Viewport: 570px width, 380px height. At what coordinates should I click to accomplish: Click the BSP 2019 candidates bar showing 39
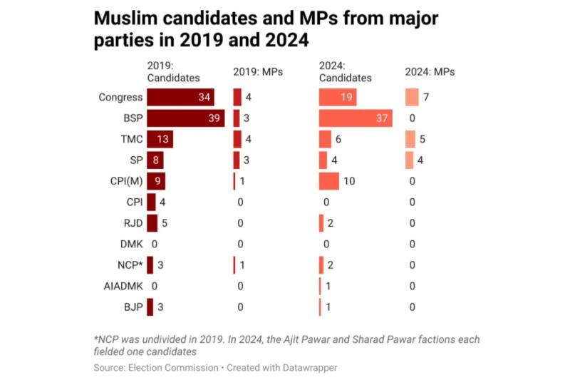pos(185,118)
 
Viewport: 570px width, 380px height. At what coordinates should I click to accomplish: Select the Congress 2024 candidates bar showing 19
pos(338,97)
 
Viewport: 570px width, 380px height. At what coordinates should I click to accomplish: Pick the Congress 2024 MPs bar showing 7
pos(412,97)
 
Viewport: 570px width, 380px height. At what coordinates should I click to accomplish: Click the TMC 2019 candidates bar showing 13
pos(160,139)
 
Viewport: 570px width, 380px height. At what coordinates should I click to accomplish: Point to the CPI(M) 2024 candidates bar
pos(329,181)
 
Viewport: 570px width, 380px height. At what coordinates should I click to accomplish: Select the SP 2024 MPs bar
pos(409,160)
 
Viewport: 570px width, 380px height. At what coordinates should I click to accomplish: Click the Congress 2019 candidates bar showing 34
pos(180,97)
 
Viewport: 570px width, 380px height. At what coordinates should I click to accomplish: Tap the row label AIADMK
pos(123,286)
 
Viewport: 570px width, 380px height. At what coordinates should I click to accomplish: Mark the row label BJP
pos(133,307)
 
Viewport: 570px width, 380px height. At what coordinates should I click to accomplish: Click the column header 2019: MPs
pos(258,72)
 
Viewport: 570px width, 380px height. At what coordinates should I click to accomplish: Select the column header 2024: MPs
pos(430,72)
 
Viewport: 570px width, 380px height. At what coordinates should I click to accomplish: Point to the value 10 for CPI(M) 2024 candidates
pos(349,181)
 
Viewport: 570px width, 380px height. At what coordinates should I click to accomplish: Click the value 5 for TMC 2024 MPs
pos(422,139)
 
